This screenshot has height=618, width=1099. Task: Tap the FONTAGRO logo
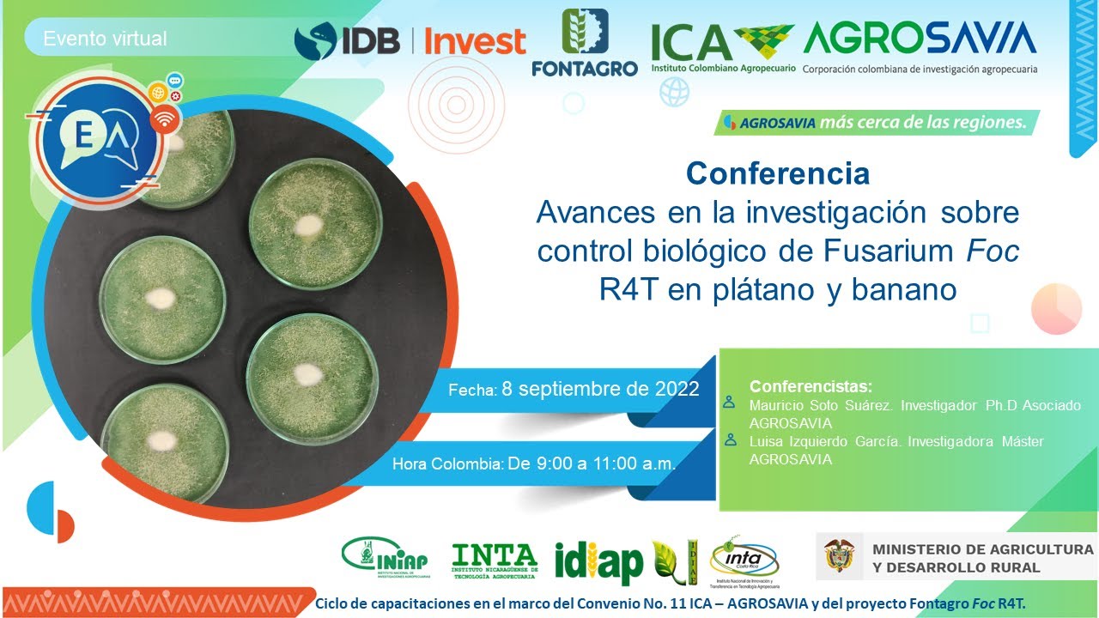[x=585, y=43]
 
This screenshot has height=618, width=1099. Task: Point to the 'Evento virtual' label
[x=105, y=39]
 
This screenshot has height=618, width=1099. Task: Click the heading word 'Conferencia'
[x=777, y=173]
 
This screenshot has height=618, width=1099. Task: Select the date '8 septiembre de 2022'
[x=600, y=388]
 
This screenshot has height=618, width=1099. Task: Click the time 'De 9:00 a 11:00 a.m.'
[x=592, y=463]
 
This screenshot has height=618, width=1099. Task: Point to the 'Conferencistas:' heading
[x=811, y=385]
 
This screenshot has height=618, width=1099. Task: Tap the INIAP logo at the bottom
[x=384, y=556]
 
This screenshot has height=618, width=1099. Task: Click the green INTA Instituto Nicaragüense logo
[x=494, y=560]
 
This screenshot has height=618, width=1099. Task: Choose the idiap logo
[x=598, y=563]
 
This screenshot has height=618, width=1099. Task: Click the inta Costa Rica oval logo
[x=744, y=560]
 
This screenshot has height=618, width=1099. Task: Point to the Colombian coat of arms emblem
[x=839, y=556]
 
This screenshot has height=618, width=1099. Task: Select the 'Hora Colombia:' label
[x=447, y=464]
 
